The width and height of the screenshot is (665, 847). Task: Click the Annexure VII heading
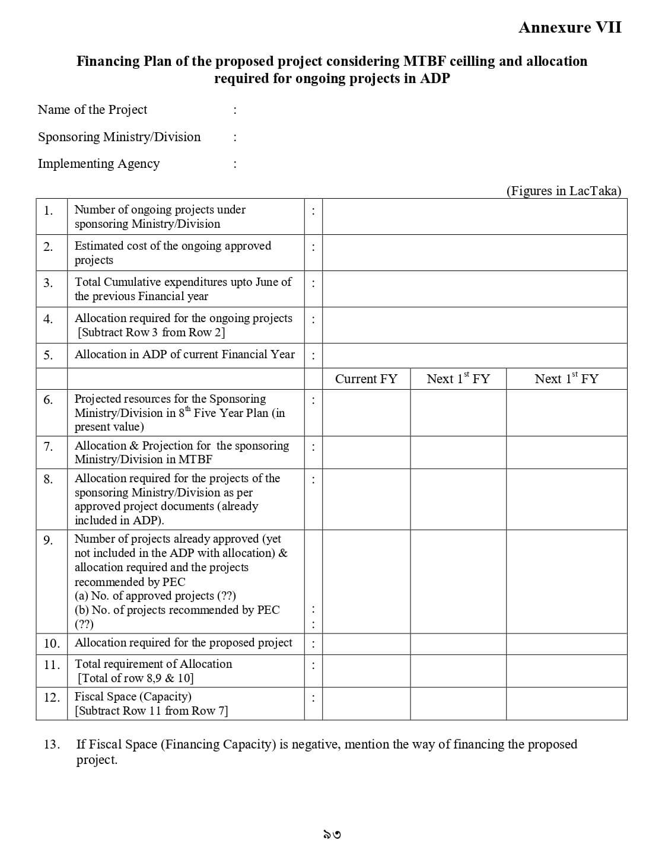coord(569,27)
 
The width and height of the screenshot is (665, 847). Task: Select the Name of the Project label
coord(93,110)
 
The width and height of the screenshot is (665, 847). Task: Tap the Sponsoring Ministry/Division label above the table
coord(119,137)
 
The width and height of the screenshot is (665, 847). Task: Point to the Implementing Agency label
coord(98,164)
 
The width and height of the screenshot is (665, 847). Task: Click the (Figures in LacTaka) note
coord(564,190)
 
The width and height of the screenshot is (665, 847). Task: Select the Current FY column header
coord(366,379)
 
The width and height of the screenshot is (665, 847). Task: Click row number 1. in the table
coord(48,211)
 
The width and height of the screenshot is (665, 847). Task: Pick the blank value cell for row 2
coord(474,253)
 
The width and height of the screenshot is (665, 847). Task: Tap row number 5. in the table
coord(48,355)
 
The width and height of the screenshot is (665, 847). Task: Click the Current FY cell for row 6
coord(366,413)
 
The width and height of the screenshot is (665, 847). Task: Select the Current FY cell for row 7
coord(366,453)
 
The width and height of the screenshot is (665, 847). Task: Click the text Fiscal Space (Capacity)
coord(133,696)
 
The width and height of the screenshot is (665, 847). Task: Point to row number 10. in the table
coord(52,644)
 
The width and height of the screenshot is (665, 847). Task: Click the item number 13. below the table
coord(52,744)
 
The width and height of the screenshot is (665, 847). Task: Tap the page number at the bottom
coord(332,835)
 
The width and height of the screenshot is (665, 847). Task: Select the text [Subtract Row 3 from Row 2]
coord(151,332)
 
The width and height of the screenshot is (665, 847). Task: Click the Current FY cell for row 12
coord(366,703)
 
